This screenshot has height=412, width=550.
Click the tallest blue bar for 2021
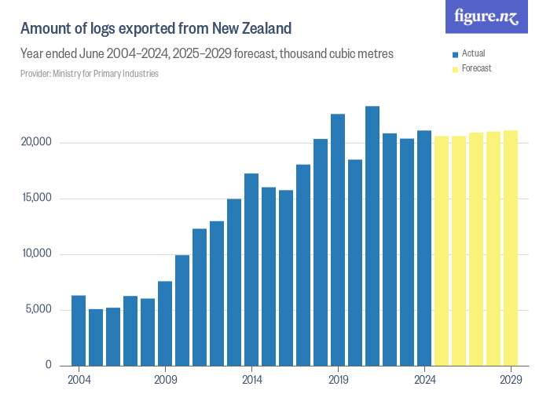pos(372,235)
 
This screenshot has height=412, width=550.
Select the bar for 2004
pos(79,330)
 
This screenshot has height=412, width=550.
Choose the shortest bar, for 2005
pos(96,337)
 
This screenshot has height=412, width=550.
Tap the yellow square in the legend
pos(455,69)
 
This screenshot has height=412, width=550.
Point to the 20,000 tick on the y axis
pos(36,143)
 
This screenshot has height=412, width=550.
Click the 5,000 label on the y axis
pos(38,309)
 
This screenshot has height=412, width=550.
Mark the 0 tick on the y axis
pos(48,365)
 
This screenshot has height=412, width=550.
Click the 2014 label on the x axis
pos(251,379)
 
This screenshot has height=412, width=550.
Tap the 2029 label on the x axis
pos(511,379)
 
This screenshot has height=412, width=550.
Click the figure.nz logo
pos(486,17)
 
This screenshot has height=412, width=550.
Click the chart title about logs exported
pos(156,29)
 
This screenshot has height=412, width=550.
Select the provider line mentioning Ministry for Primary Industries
pos(90,73)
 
